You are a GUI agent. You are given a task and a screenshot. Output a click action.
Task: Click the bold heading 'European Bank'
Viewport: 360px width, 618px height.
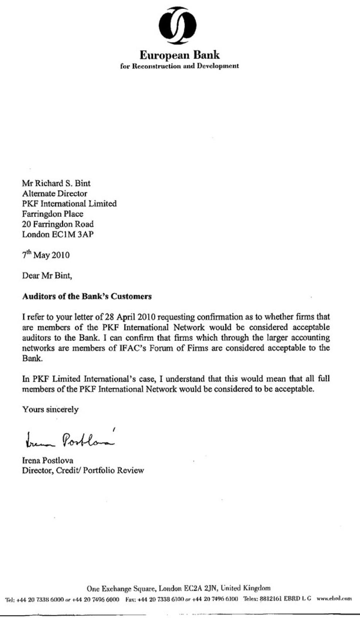click(x=180, y=55)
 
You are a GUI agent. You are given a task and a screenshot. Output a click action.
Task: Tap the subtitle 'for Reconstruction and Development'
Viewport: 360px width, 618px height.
click(x=180, y=66)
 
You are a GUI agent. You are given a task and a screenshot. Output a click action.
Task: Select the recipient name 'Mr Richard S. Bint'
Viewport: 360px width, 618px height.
click(x=56, y=183)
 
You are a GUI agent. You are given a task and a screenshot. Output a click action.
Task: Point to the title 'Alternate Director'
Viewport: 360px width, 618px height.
click(x=55, y=193)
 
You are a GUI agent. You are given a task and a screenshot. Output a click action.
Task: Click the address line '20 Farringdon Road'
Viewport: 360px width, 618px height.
click(x=58, y=224)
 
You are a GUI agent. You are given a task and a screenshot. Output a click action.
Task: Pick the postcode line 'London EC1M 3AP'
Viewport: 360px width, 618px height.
click(x=58, y=234)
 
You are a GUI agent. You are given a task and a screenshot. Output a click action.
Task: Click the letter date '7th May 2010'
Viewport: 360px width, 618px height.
click(x=46, y=254)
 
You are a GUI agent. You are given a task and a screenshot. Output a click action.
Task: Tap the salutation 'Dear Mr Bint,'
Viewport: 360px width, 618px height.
click(x=47, y=275)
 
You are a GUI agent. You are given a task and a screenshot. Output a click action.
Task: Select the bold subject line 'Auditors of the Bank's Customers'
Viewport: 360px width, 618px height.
click(x=87, y=296)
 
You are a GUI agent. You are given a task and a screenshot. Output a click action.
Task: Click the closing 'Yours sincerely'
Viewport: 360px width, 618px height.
click(x=50, y=410)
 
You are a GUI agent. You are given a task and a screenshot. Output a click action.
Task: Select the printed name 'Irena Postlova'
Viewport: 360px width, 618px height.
click(x=47, y=460)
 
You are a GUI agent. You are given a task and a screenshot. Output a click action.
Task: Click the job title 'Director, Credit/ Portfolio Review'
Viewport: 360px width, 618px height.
click(x=83, y=470)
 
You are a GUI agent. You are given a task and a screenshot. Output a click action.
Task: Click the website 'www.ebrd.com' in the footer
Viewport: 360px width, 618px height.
click(x=334, y=598)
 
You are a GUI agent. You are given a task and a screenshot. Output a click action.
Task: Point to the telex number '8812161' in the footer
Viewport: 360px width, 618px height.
click(x=271, y=598)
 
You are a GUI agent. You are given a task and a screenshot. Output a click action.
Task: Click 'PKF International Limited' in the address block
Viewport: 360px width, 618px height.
click(x=69, y=204)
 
